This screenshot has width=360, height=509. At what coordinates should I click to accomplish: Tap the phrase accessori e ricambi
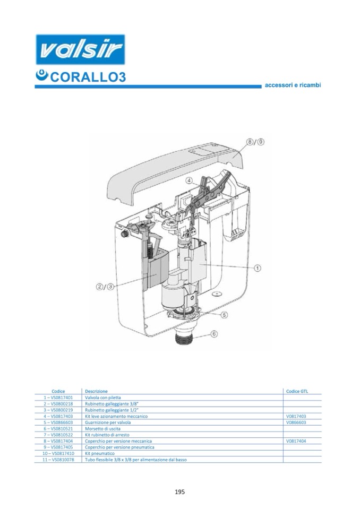click(x=293, y=85)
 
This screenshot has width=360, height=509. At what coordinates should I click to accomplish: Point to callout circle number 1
click(x=258, y=269)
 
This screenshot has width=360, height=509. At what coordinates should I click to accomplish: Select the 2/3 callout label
click(x=105, y=287)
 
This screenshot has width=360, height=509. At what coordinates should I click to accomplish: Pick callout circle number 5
click(x=224, y=315)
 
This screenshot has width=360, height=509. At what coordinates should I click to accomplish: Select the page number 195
click(x=179, y=492)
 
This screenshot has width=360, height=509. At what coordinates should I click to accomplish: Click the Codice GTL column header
click(x=297, y=391)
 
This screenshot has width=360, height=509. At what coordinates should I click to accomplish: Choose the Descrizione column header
click(x=96, y=391)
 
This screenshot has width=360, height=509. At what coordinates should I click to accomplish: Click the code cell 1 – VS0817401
click(x=58, y=397)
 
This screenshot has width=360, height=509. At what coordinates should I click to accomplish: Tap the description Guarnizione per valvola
click(x=108, y=423)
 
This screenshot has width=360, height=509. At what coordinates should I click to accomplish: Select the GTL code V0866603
click(x=296, y=423)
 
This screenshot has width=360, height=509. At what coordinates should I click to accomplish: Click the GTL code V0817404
click(x=296, y=441)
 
